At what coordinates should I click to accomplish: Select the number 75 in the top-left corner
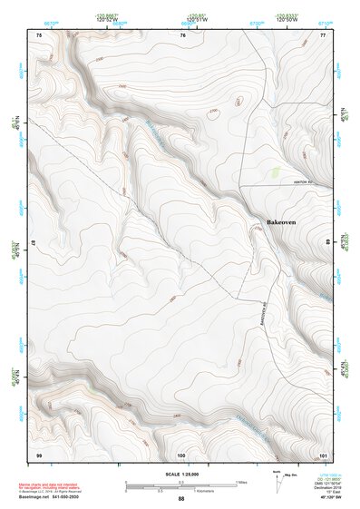(38, 34)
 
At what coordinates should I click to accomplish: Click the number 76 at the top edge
(183, 34)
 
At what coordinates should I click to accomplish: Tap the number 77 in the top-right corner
(323, 34)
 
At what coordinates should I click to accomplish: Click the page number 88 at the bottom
(180, 499)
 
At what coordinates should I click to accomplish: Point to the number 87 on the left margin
(33, 243)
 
